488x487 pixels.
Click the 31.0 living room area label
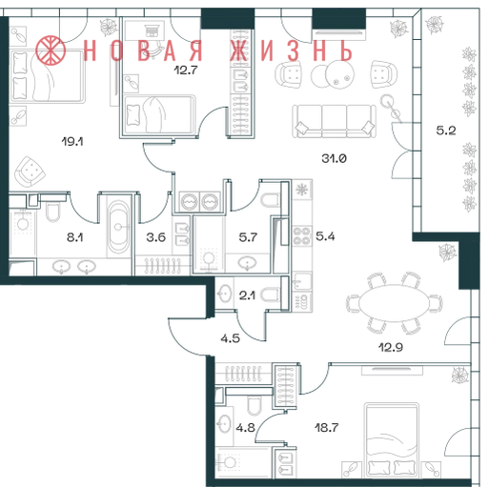tap(334, 158)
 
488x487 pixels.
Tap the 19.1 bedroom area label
tap(72, 141)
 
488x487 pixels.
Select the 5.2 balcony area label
tap(446, 131)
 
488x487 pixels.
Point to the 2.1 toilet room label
tap(247, 295)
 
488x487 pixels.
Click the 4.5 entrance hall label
tap(231, 338)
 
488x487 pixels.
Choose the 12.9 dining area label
tap(391, 347)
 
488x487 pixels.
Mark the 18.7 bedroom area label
tap(327, 428)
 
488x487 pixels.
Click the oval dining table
tap(394, 303)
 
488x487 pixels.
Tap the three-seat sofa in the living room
tap(334, 121)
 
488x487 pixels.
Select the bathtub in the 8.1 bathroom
tap(118, 226)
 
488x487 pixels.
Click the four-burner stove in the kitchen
tap(301, 235)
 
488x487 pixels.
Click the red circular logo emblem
tap(51, 51)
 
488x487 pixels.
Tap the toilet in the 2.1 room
tap(271, 294)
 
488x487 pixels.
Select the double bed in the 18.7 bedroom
tap(392, 440)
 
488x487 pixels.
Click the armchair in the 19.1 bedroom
tap(30, 172)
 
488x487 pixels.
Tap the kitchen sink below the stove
tap(301, 280)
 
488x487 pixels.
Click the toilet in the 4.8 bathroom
tap(254, 405)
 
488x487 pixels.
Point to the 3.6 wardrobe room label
tap(156, 237)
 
